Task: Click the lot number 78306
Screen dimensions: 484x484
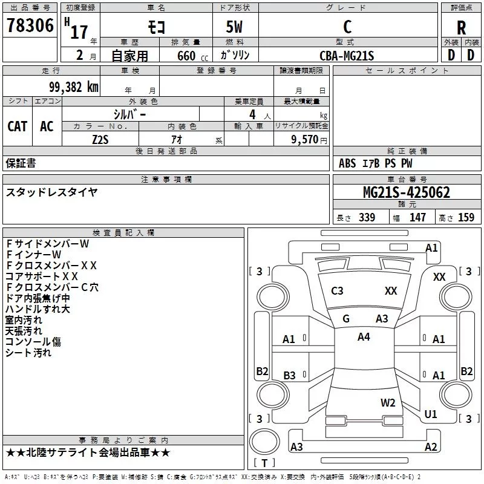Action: (x=28, y=27)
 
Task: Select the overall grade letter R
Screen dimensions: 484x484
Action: (x=461, y=27)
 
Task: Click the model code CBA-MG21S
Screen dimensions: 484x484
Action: (x=347, y=56)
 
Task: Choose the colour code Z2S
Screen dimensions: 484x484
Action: (x=100, y=139)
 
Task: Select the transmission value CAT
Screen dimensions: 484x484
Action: (x=17, y=126)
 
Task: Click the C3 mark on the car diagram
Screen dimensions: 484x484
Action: (x=337, y=291)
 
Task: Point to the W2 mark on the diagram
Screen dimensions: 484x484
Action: (x=388, y=402)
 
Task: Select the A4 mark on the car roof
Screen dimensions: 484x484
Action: (x=364, y=337)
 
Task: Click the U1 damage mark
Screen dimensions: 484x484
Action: (x=431, y=414)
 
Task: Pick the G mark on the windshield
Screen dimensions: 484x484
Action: (x=346, y=319)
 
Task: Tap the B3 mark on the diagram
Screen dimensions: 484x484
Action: (x=289, y=376)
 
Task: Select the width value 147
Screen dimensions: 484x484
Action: (x=417, y=218)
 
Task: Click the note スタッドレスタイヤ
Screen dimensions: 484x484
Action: (x=51, y=192)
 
